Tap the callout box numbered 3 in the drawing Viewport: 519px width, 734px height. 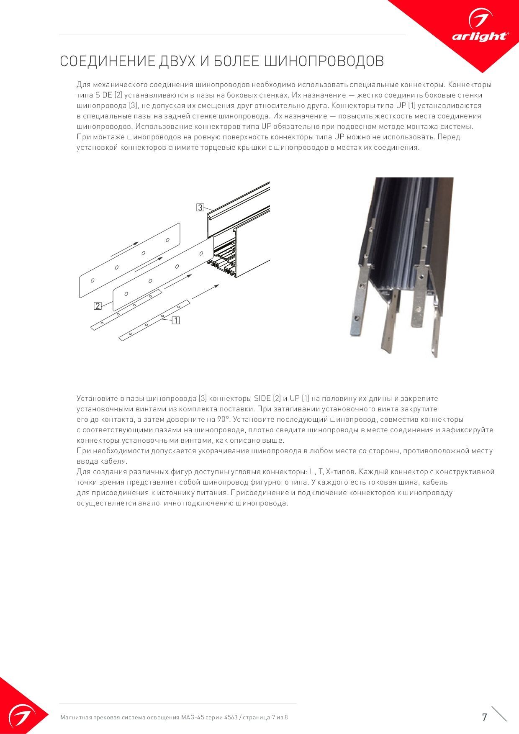tap(200, 208)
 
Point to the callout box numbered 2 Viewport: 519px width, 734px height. tap(98, 306)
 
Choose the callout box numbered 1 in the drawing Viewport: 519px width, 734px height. tap(176, 321)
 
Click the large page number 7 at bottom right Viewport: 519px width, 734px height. tap(484, 717)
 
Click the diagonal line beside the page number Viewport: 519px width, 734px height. tap(499, 714)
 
